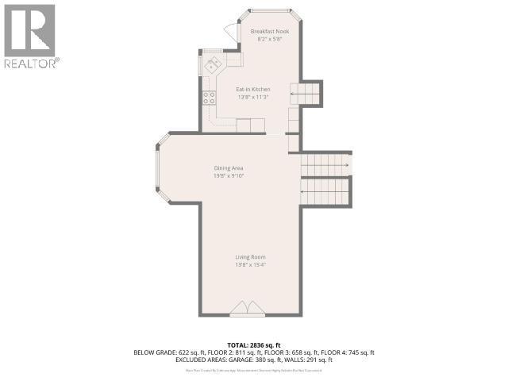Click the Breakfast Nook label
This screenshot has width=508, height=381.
pyautogui.click(x=270, y=31)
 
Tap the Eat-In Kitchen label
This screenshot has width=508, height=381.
pyautogui.click(x=253, y=90)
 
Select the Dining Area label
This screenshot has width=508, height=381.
pyautogui.click(x=228, y=167)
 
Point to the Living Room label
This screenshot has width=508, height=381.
pyautogui.click(x=249, y=257)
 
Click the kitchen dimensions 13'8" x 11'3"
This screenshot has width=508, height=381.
pyautogui.click(x=253, y=98)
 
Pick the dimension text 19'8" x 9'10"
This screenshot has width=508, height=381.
pyautogui.click(x=228, y=175)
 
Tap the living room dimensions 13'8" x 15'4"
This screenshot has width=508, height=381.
pyautogui.click(x=249, y=265)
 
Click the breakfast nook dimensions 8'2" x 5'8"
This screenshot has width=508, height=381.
pyautogui.click(x=270, y=39)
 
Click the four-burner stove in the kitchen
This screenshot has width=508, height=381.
pyautogui.click(x=210, y=98)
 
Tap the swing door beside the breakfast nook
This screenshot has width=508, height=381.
pyautogui.click(x=231, y=32)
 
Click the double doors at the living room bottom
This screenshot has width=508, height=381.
pyautogui.click(x=248, y=309)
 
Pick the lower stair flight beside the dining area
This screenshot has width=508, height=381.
pyautogui.click(x=325, y=191)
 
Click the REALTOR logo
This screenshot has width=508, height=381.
pyautogui.click(x=30, y=36)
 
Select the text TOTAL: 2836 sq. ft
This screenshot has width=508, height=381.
pyautogui.click(x=254, y=344)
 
